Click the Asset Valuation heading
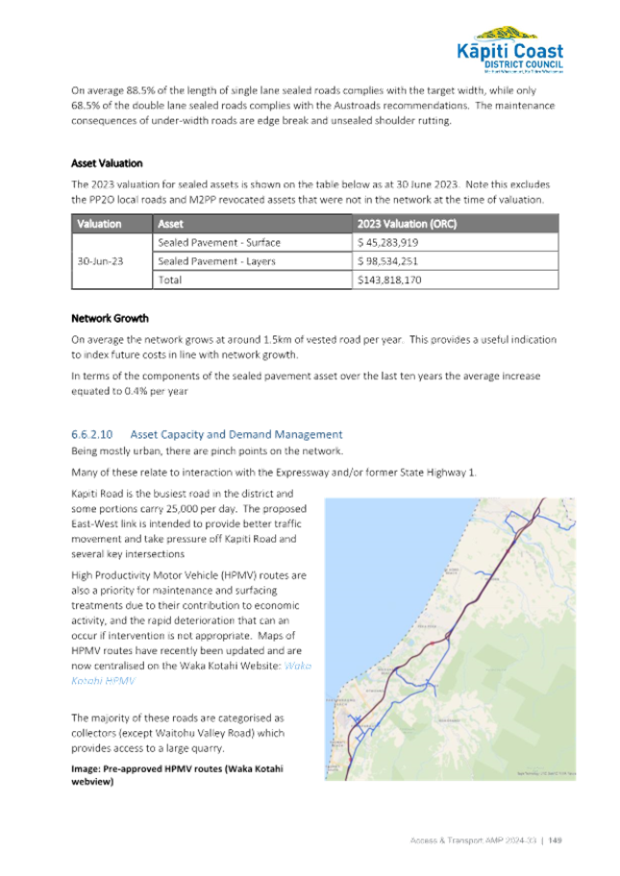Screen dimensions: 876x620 coord(107,163)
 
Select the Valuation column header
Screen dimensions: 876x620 coord(98,223)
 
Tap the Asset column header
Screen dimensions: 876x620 coord(169,223)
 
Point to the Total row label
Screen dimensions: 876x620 coord(167,280)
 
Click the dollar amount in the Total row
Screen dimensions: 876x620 coord(389,280)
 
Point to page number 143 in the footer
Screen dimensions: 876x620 coord(553,840)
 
